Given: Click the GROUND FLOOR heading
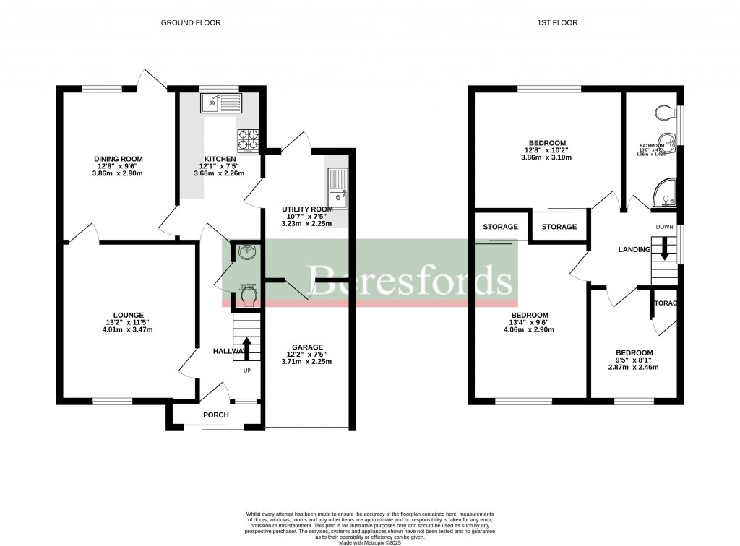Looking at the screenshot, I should click(190, 22).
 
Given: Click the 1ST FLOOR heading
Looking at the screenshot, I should click(557, 22).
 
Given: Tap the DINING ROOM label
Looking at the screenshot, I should click(118, 159).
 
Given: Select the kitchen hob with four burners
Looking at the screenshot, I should click(248, 139).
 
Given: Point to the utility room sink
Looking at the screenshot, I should click(337, 188).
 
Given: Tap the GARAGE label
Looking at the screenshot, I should click(307, 347).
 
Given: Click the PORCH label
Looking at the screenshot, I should click(215, 415).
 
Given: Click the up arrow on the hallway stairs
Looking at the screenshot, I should click(246, 347).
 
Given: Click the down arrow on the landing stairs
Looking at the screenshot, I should click(664, 253).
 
